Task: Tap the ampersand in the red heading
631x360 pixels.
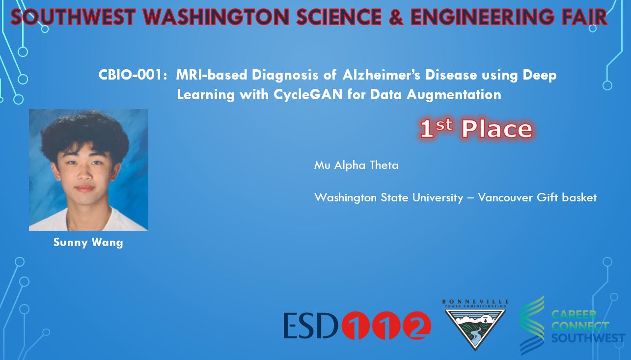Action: click(x=396, y=17)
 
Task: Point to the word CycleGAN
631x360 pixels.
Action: click(x=308, y=94)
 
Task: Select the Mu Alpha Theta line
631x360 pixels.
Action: click(x=357, y=165)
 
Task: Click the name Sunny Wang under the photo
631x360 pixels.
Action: click(x=88, y=243)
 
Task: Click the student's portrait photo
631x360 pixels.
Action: click(x=88, y=170)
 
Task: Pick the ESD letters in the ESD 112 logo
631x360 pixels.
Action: click(x=310, y=325)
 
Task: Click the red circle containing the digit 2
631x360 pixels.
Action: click(x=417, y=325)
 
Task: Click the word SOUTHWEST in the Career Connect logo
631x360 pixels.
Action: click(x=588, y=338)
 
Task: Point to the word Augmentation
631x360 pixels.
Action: click(x=454, y=94)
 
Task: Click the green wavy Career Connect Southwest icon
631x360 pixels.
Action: click(x=532, y=325)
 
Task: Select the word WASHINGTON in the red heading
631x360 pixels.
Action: click(x=216, y=17)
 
